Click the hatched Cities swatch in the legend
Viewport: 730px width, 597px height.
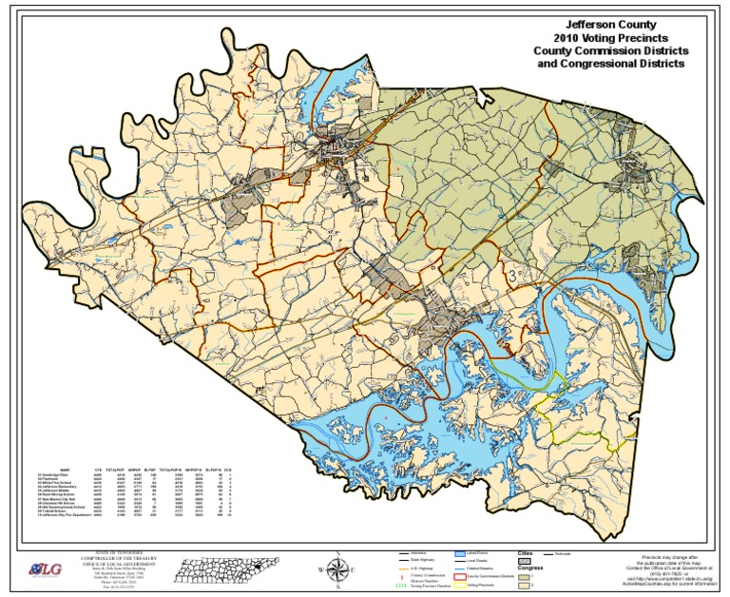pyautogui.click(x=525, y=563)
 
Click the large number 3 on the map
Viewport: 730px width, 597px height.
pyautogui.click(x=514, y=275)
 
